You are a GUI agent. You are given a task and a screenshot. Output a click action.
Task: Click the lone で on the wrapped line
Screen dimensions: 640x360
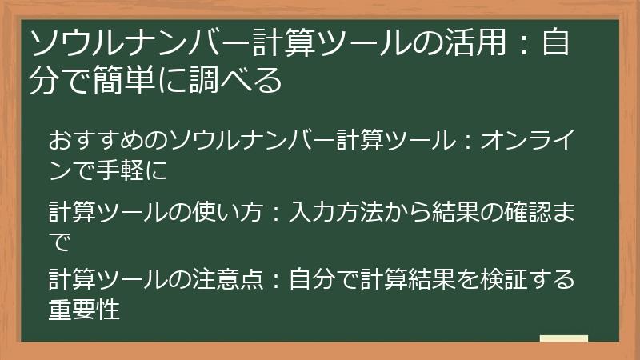59,242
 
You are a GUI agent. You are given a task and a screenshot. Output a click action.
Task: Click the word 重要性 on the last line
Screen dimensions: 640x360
84,309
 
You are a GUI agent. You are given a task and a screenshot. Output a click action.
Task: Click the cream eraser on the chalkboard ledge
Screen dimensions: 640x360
564,338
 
